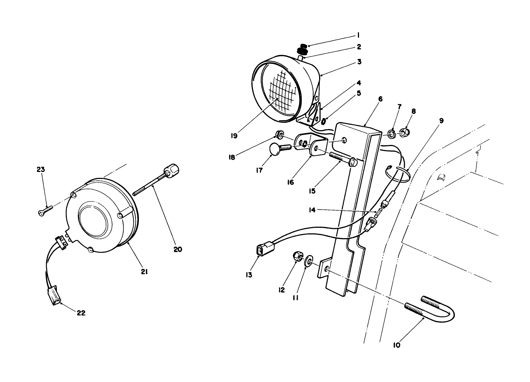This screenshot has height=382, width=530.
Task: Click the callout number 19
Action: point(234,136)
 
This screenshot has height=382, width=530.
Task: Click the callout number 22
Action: point(81,313)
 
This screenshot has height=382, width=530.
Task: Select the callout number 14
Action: point(312,210)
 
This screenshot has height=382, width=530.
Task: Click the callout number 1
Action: point(358,36)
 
